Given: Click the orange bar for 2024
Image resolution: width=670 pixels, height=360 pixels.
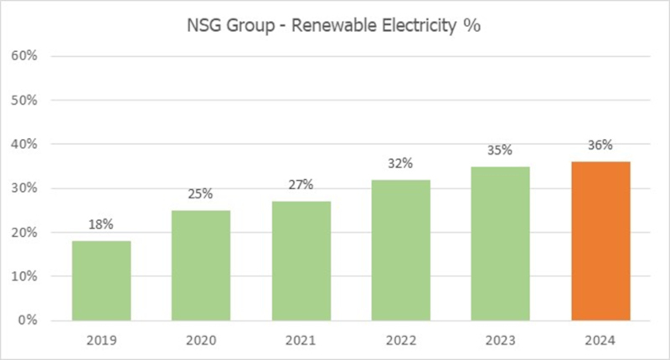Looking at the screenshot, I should [x=600, y=241].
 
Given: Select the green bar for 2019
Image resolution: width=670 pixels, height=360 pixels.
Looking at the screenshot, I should [x=101, y=280].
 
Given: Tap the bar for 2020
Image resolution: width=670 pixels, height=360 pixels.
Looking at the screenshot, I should [x=201, y=265].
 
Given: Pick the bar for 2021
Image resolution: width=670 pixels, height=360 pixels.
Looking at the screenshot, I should [x=301, y=260].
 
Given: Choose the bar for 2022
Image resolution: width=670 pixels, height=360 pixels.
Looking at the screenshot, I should [x=400, y=249].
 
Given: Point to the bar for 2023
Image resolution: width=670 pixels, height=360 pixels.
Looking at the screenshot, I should [x=500, y=243].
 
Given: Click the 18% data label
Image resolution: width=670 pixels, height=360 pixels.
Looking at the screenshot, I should [x=101, y=225].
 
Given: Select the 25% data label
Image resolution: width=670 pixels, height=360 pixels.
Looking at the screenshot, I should [x=201, y=194].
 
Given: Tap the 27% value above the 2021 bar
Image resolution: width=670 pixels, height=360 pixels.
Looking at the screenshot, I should [x=301, y=185].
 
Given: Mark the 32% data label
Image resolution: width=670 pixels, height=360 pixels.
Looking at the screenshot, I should [x=400, y=163].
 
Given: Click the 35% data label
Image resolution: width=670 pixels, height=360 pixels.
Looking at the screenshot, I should [x=500, y=151].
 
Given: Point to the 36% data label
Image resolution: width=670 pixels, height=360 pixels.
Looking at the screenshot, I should [x=600, y=146].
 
